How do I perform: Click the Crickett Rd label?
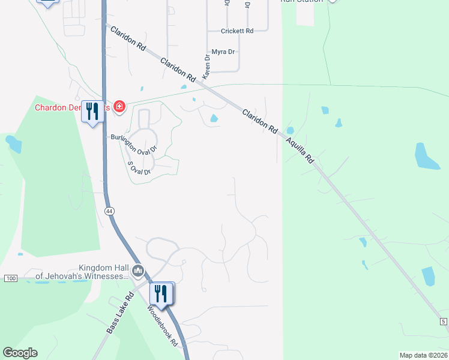point(237,31)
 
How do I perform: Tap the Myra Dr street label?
point(223,52)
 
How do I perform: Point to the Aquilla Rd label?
point(300,149)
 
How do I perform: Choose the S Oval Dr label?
point(139,167)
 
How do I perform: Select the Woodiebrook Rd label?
point(163,325)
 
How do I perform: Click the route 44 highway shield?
point(109,211)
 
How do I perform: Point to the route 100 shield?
point(11,278)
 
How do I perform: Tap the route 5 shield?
point(443,322)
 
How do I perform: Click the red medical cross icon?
point(119,107)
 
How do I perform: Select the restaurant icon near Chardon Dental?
point(92,112)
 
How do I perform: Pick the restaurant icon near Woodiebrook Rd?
point(161,295)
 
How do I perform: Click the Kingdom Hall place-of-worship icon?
point(139,271)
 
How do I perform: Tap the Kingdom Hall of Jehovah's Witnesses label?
point(82,272)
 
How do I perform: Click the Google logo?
point(20,353)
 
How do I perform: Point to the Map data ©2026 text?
point(424,355)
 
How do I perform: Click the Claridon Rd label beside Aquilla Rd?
point(260,121)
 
